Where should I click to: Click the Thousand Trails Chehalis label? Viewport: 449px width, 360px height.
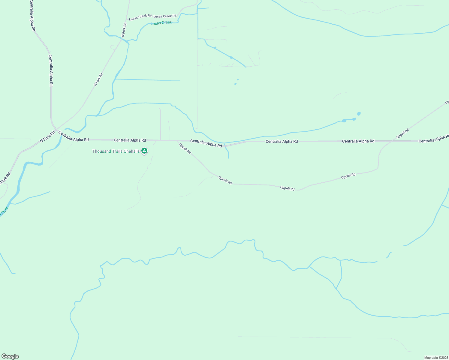coord(116,151)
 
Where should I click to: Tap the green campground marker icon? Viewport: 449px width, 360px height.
coord(144,151)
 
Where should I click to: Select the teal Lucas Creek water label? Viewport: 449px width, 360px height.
coord(161,23)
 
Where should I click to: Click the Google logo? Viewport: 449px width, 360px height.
coord(10,356)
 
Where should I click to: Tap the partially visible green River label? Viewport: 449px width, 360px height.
coord(4,211)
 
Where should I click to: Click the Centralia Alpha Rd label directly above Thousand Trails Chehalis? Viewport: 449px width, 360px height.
coord(130,140)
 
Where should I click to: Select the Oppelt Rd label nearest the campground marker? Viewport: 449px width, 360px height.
coord(185,148)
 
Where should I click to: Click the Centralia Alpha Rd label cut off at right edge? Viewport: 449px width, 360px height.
coord(433,141)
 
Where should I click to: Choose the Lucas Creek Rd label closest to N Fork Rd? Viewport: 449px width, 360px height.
coord(140,18)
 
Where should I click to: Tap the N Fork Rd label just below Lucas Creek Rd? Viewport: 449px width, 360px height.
coord(124,29)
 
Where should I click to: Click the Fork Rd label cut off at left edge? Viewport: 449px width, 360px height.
coord(5,178)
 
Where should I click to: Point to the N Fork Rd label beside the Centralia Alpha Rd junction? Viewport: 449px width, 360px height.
coord(47,136)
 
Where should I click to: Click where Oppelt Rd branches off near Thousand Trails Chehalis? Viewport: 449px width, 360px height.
coord(177,141)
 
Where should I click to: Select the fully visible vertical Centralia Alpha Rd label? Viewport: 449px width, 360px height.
coord(51,71)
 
